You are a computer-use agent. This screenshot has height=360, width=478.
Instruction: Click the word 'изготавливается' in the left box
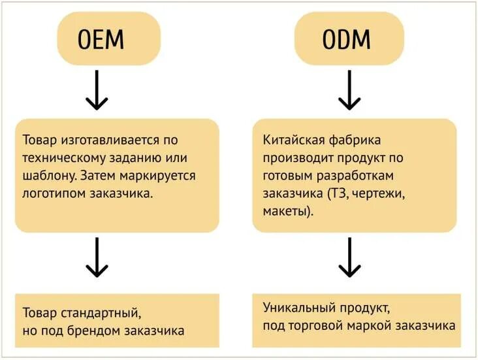coord(109,140)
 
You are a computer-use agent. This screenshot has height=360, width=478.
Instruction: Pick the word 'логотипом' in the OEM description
coord(49,193)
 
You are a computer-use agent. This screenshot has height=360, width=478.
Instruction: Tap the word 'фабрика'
coord(351,140)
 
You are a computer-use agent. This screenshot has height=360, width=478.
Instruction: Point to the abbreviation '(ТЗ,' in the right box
coord(336,193)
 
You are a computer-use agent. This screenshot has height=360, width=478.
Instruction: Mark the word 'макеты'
coord(285,212)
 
